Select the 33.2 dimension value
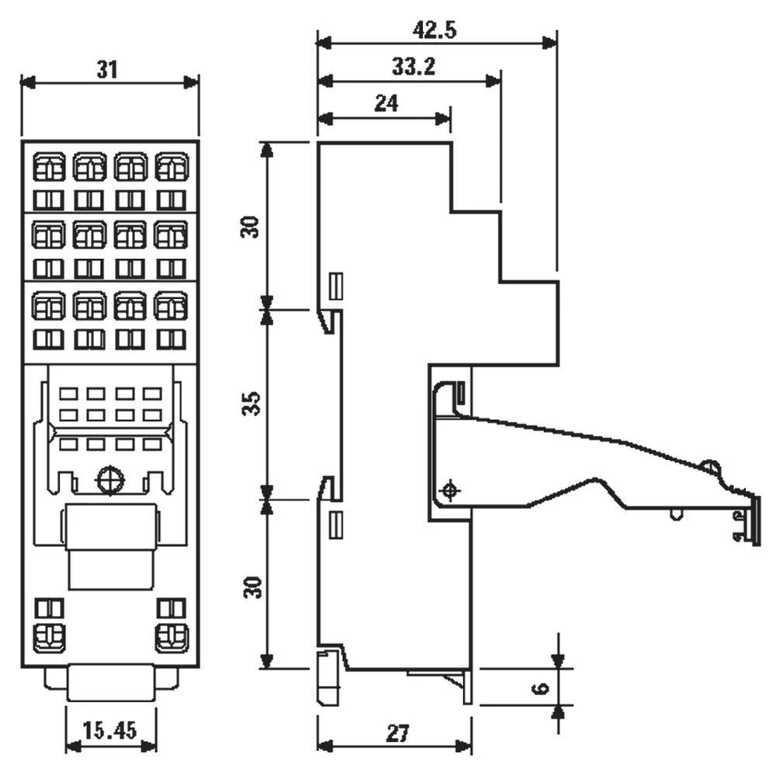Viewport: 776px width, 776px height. click(x=412, y=68)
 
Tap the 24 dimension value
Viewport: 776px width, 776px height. click(x=386, y=104)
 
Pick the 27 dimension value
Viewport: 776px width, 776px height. click(x=395, y=732)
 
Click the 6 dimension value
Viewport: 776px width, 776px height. click(x=542, y=688)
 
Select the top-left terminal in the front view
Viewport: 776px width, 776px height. click(x=48, y=165)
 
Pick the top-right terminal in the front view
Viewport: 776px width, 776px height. click(x=171, y=165)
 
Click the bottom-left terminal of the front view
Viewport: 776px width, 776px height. click(x=48, y=637)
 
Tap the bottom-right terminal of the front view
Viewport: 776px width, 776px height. click(x=171, y=637)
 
